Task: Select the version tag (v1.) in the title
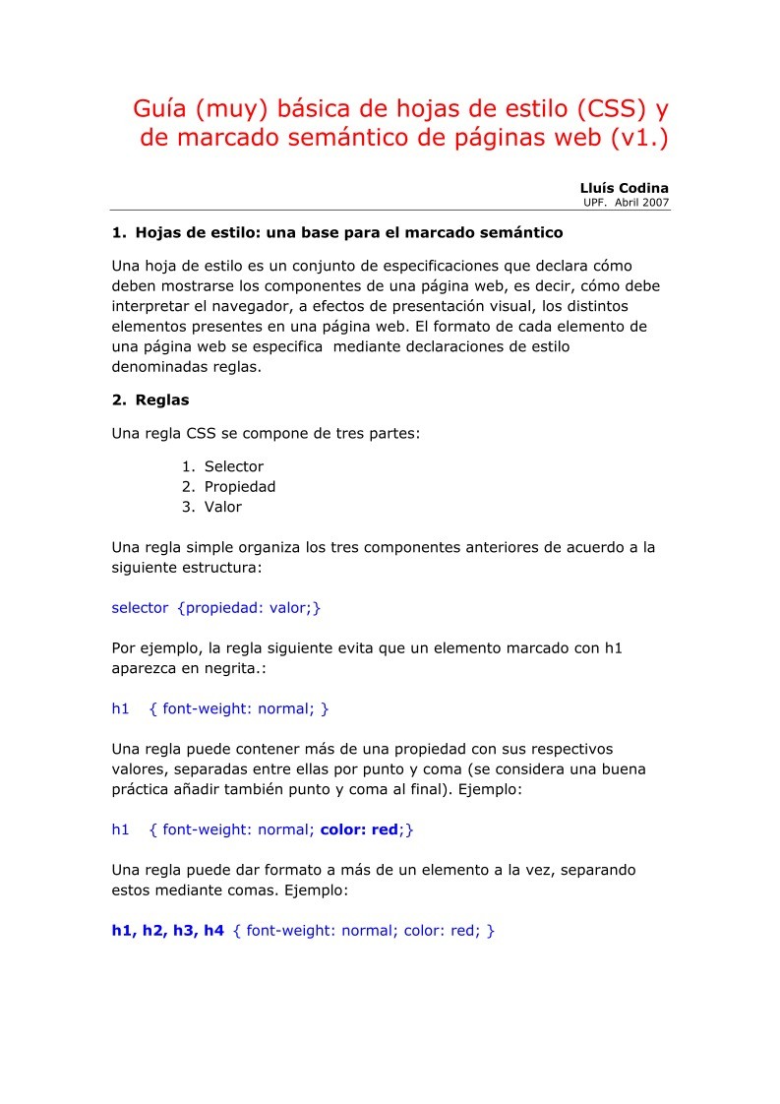[x=638, y=139]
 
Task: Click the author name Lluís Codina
[x=625, y=188]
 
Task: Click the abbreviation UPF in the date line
[x=596, y=202]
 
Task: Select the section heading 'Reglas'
[x=162, y=400]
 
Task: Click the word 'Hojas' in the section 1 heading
[x=159, y=233]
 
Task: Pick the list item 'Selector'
[x=234, y=466]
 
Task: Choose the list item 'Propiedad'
[x=240, y=486]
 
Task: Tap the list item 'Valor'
[x=223, y=507]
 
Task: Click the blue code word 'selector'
[x=140, y=608]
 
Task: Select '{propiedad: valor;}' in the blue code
[x=250, y=608]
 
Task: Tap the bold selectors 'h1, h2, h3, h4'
[x=168, y=930]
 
